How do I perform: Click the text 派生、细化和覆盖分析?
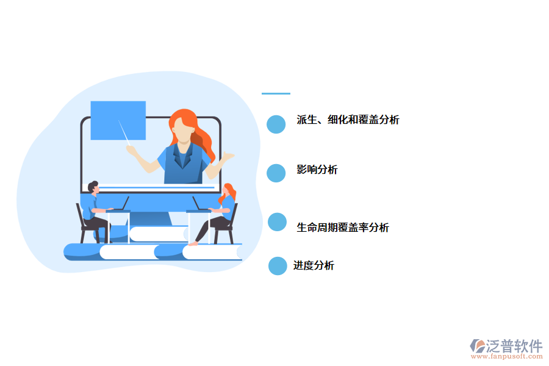[348, 120]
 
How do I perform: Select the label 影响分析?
[317, 170]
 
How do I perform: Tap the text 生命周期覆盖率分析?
[342, 228]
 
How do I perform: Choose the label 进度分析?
[314, 265]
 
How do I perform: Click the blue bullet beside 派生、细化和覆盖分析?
[276, 124]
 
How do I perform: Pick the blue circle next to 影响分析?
[276, 173]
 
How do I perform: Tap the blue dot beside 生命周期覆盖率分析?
[277, 222]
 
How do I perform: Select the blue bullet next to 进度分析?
[278, 266]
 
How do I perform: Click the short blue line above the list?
[276, 93]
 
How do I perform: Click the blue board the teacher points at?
[118, 120]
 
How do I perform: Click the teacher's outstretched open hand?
[228, 157]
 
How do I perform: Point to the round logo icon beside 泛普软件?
[477, 346]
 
